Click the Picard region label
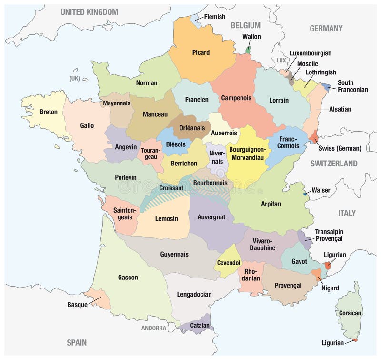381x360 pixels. [x=201, y=52]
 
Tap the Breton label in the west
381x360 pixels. [x=49, y=112]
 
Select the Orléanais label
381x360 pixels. [x=192, y=128]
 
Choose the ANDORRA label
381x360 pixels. [x=154, y=328]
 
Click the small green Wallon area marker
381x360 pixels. [x=248, y=50]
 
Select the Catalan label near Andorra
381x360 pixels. [x=200, y=326]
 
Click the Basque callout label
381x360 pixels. [x=77, y=305]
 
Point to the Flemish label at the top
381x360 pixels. [x=214, y=17]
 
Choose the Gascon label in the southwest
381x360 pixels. [x=128, y=277]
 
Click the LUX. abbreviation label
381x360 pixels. [x=282, y=60]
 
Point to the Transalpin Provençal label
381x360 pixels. [x=328, y=235]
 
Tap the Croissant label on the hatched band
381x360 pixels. [x=171, y=188]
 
